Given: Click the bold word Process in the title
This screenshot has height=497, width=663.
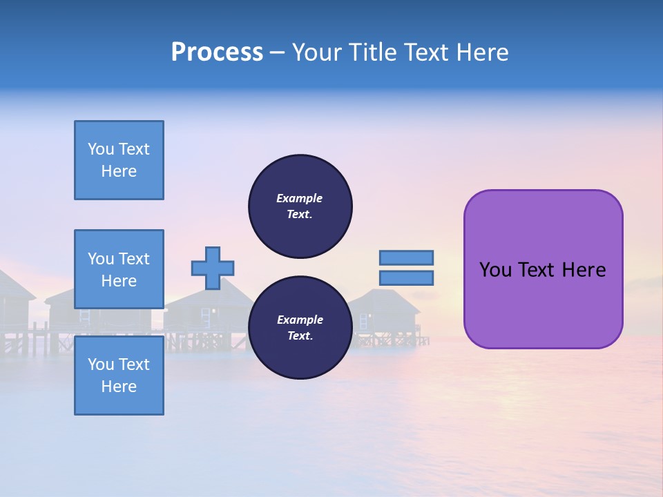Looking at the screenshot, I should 217,52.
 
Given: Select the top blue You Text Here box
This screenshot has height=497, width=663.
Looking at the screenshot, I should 119,160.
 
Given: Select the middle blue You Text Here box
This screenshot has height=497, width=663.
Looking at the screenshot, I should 119,269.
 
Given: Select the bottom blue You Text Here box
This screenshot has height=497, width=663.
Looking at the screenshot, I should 119,376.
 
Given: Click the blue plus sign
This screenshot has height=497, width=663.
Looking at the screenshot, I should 213,268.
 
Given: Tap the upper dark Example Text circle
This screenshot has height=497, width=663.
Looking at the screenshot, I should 300,206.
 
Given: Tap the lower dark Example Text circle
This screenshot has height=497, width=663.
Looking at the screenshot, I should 300,328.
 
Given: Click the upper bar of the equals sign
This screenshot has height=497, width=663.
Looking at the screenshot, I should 406,257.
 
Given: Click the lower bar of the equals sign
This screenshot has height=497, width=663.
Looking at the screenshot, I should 406,277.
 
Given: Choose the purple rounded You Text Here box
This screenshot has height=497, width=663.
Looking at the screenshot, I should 543,269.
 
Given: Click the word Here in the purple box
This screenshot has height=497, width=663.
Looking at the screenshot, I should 584,270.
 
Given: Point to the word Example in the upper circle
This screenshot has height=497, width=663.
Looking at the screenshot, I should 300,198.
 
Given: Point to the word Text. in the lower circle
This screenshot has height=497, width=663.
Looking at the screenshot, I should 300,336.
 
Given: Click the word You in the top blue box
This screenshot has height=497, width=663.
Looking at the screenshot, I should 101,149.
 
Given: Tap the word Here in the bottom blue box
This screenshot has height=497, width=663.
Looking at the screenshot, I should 119,387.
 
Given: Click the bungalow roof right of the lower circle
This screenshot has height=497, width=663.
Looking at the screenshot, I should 387,300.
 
